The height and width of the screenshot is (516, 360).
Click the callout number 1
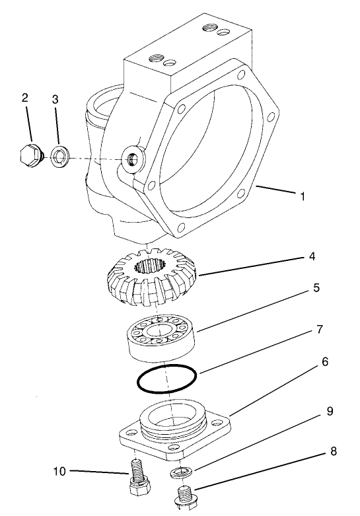pyautogui.click(x=302, y=196)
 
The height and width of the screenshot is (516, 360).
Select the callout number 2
pyautogui.click(x=25, y=97)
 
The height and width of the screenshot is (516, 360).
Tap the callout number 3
pyautogui.click(x=55, y=98)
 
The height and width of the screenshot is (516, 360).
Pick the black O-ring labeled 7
pyautogui.click(x=166, y=381)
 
